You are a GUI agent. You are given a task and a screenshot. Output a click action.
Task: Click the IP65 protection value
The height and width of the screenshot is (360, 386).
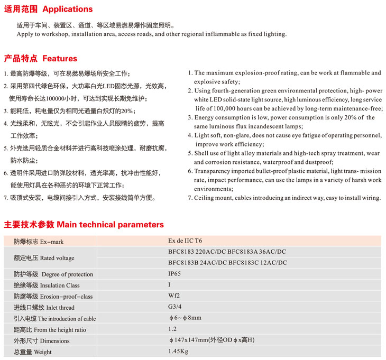point(175,274)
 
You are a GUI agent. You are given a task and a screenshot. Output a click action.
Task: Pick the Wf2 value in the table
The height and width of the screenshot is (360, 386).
point(174,296)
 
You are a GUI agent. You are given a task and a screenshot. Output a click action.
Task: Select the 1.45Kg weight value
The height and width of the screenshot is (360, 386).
point(179,351)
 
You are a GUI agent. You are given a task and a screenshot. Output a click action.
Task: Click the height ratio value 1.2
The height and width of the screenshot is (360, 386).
point(173,329)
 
